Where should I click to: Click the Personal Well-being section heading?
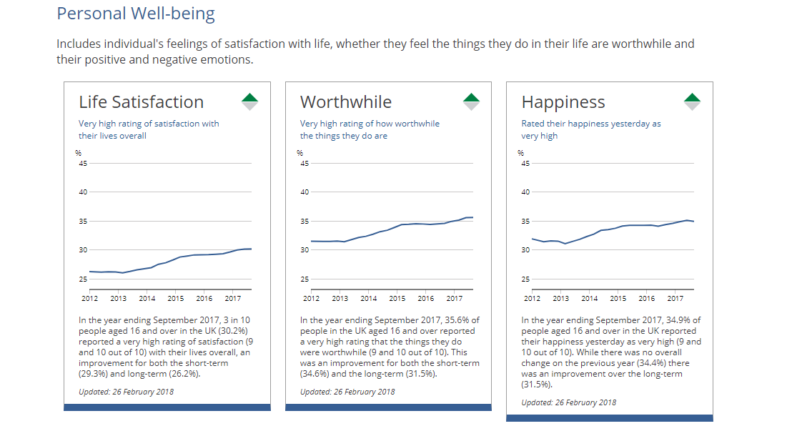pos(135,14)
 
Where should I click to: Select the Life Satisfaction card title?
pos(141,102)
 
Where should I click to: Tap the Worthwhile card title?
pos(345,102)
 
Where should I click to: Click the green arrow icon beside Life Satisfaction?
pos(249,99)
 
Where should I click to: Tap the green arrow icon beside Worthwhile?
pos(471,99)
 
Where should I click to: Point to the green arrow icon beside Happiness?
pos(692,99)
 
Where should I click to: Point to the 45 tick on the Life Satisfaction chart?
pos(83,164)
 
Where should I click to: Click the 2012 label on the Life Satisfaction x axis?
pos(89,298)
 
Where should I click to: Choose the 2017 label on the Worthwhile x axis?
pos(454,298)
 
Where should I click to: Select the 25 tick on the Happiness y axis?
pos(525,279)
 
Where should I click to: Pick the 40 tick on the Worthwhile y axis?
pos(305,192)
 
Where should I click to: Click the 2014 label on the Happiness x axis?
pos(589,298)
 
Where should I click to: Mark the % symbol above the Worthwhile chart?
pos(300,153)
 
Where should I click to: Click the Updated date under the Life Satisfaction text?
pos(126,392)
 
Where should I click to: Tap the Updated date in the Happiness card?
pos(568,402)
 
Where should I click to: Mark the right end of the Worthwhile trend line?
pos(472,217)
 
